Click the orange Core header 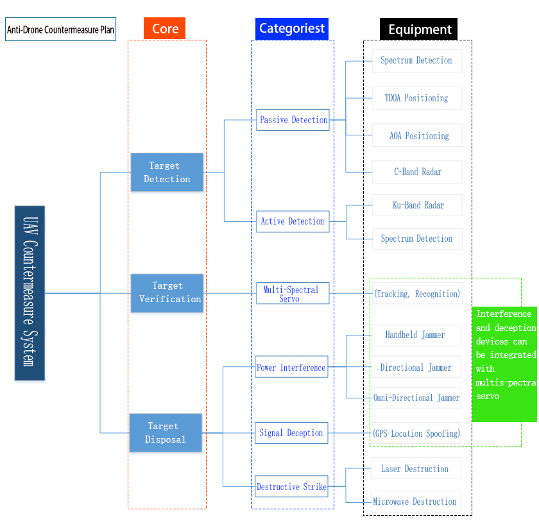pyautogui.click(x=165, y=29)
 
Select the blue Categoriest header pyautogui.click(x=292, y=29)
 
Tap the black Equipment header pyautogui.click(x=419, y=30)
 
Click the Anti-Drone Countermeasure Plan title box pyautogui.click(x=61, y=30)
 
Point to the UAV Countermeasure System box pyautogui.click(x=30, y=293)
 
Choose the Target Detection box pyautogui.click(x=167, y=172)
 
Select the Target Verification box pyautogui.click(x=167, y=293)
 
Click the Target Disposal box pyautogui.click(x=166, y=432)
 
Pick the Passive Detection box pyautogui.click(x=293, y=120)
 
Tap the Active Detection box pyautogui.click(x=293, y=221)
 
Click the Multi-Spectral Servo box pyautogui.click(x=293, y=294)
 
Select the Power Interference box pyautogui.click(x=292, y=368)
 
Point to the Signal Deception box pyautogui.click(x=291, y=433)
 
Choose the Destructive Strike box pyautogui.click(x=292, y=487)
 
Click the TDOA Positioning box pyautogui.click(x=416, y=98)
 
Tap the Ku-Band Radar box pyautogui.click(x=417, y=205)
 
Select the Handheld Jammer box pyautogui.click(x=416, y=335)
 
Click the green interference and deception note pyautogui.click(x=505, y=364)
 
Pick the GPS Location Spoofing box pyautogui.click(x=416, y=433)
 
